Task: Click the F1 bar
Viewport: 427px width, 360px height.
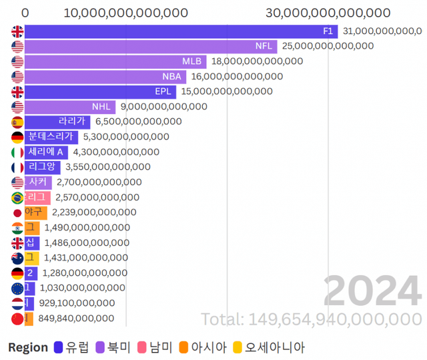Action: [180, 31]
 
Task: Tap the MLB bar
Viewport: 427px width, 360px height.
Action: [113, 61]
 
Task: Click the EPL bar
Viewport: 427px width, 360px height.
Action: [100, 92]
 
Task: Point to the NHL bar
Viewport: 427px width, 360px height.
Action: [70, 107]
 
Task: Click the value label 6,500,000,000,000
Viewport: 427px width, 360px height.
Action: [138, 122]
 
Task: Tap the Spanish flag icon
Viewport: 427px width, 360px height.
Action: [17, 122]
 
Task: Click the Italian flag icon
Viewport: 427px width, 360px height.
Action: [17, 152]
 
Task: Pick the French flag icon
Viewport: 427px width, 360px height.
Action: [17, 167]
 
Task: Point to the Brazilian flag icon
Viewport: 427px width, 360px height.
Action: [17, 198]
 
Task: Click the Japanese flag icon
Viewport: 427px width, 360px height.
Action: [17, 212]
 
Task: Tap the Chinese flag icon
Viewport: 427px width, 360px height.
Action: [17, 319]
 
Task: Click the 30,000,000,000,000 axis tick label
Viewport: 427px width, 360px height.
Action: [328, 13]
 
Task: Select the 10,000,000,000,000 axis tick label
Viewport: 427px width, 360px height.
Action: [126, 13]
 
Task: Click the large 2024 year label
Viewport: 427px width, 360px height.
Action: [372, 291]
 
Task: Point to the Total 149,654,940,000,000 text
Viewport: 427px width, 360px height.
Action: [311, 319]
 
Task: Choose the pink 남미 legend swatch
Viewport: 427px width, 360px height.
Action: [141, 347]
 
